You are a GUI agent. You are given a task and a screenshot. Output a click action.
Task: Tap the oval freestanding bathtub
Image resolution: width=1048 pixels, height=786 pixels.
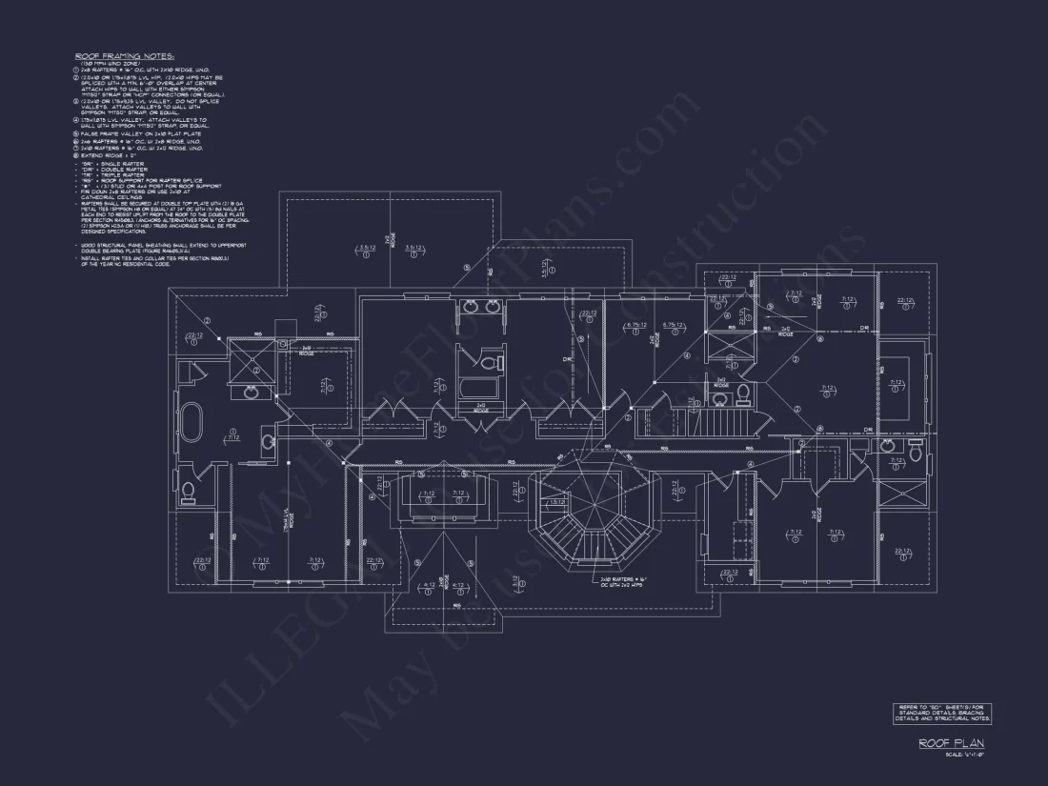tap(191, 424)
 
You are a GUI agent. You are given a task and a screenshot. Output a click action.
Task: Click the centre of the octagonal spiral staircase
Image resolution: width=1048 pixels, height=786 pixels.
tap(580, 518)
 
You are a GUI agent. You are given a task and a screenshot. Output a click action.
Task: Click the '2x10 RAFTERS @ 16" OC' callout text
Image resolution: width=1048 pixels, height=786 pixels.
tap(622, 581)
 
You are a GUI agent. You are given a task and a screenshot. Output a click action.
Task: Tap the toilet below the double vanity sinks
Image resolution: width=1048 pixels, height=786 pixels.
tap(488, 363)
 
